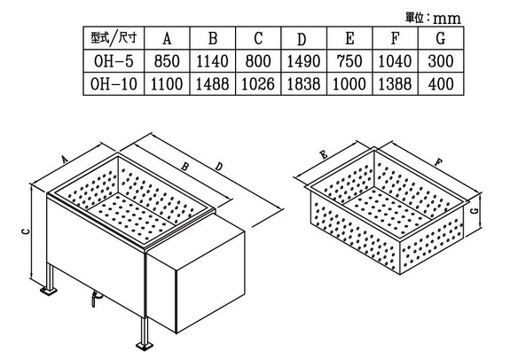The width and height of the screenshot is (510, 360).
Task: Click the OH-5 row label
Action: tap(114, 61)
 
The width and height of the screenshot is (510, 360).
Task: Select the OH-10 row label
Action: tap(114, 84)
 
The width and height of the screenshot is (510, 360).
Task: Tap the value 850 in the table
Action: tap(167, 61)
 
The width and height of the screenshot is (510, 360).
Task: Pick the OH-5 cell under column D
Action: tap(303, 61)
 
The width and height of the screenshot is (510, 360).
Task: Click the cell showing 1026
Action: tap(258, 84)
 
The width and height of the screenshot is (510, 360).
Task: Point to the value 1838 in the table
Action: tap(303, 84)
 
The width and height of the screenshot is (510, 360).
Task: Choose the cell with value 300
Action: tap(441, 61)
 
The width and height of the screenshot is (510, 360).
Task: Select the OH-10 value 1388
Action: tap(395, 84)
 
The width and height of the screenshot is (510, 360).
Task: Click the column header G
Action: tap(441, 38)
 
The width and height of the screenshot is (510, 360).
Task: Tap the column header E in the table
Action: tap(349, 38)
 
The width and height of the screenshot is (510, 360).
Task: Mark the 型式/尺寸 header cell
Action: tap(114, 38)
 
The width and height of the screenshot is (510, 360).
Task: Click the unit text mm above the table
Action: tap(447, 19)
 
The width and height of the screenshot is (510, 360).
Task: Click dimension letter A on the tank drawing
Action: tap(65, 160)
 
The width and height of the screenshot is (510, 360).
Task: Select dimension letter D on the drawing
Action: tap(219, 167)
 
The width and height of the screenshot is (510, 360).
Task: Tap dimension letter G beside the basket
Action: tap(475, 210)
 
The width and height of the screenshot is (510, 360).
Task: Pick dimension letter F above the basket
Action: tap(439, 161)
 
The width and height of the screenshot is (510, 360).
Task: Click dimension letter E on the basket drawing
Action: tap(324, 155)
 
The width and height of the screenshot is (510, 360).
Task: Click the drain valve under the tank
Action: tap(96, 298)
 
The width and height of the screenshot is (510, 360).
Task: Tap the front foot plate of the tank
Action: tap(145, 345)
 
